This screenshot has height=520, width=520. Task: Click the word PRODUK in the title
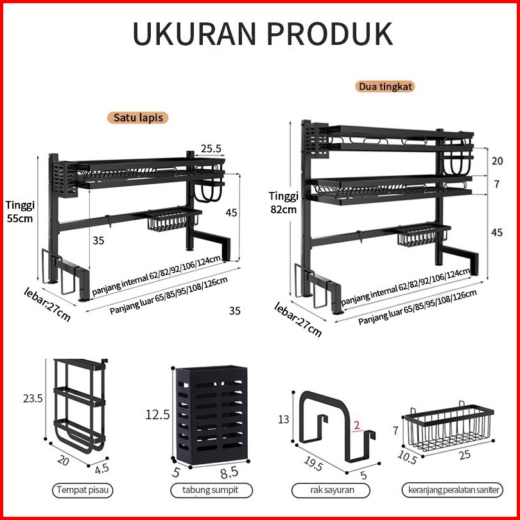329,34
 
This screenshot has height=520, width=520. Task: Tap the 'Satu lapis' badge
138,117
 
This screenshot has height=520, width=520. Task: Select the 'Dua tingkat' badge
385,87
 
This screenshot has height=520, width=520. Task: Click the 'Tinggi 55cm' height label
20,212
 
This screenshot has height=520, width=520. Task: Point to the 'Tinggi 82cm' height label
284,202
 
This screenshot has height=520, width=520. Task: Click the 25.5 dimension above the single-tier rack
211,148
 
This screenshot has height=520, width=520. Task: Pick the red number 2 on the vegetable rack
356,425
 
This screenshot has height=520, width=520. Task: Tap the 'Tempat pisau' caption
83,490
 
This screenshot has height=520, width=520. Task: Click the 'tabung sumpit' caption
211,490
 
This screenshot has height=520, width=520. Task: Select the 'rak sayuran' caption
331,490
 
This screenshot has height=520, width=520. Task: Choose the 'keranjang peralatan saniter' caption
453,490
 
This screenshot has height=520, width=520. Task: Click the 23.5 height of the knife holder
33,398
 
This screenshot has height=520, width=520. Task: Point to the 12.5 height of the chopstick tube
157,415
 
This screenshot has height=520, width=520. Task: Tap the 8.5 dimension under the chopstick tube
229,473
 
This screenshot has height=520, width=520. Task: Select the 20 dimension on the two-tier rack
497,161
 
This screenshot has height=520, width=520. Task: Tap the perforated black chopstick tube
212,415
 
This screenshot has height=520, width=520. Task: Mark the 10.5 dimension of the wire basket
407,457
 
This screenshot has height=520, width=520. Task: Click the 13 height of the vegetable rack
284,419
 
